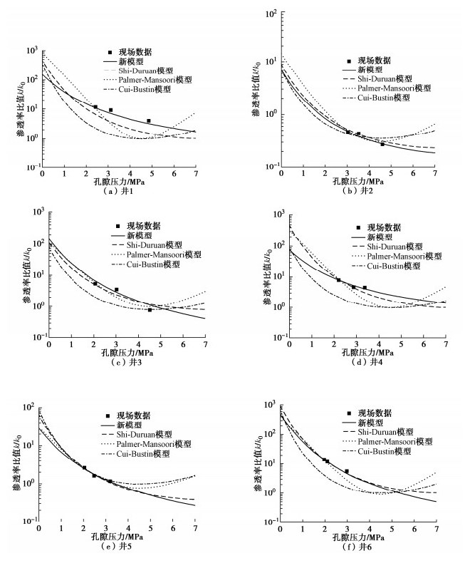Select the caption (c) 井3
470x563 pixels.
126,362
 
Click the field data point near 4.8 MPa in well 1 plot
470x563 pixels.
148,121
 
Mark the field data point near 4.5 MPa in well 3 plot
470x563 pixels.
150,310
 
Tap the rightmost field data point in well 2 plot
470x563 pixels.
382,144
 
